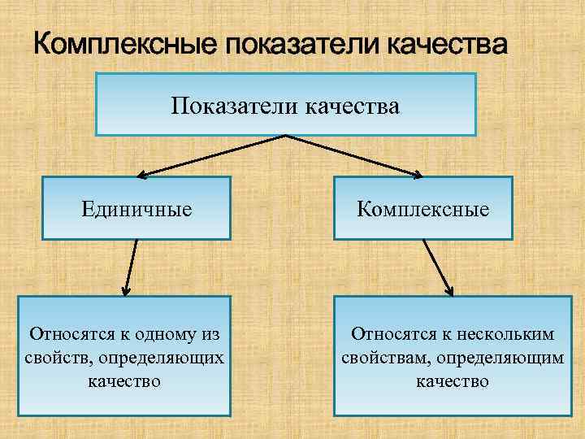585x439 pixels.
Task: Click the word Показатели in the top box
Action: [x=236, y=106]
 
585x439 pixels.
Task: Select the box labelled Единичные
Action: [x=136, y=208]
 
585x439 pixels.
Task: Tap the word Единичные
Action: [x=136, y=209]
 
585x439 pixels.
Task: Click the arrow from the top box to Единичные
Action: [x=211, y=155]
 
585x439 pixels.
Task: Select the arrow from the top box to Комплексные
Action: [x=357, y=155]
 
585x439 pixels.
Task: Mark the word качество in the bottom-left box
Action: [x=124, y=380]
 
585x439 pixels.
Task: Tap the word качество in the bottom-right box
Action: [x=453, y=380]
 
